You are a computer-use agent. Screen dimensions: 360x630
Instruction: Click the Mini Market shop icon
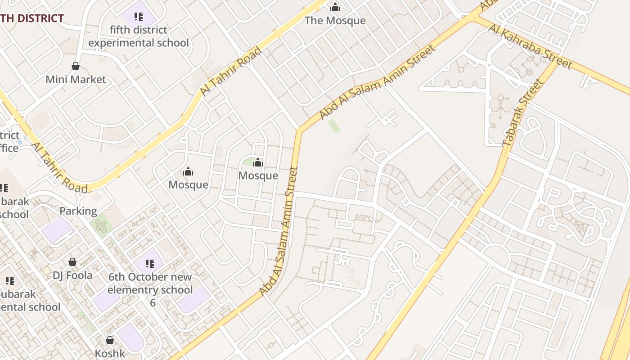click(76, 67)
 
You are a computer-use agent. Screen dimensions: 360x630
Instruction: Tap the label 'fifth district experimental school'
click(139, 36)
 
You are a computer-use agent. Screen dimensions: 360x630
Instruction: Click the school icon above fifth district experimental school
click(139, 17)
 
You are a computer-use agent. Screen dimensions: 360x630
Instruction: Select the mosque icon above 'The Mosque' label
click(335, 8)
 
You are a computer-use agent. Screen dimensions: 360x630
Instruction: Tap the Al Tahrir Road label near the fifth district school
click(230, 71)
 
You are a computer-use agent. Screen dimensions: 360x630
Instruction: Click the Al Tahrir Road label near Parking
click(59, 167)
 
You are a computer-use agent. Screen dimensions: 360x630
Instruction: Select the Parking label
click(78, 211)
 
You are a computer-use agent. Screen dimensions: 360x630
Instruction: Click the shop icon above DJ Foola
click(72, 262)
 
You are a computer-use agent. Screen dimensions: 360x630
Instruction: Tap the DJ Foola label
click(72, 275)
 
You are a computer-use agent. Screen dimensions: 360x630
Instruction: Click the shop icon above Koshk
click(110, 340)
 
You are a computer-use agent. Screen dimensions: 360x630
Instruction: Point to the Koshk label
click(110, 354)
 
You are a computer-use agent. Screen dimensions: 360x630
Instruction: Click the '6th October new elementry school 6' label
click(150, 289)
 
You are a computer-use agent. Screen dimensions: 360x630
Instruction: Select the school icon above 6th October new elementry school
click(150, 264)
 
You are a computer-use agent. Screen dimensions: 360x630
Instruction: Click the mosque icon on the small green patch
click(258, 162)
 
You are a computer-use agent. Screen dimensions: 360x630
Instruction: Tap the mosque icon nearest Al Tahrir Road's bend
click(188, 171)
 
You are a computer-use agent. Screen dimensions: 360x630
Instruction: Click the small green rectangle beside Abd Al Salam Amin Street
click(334, 126)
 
